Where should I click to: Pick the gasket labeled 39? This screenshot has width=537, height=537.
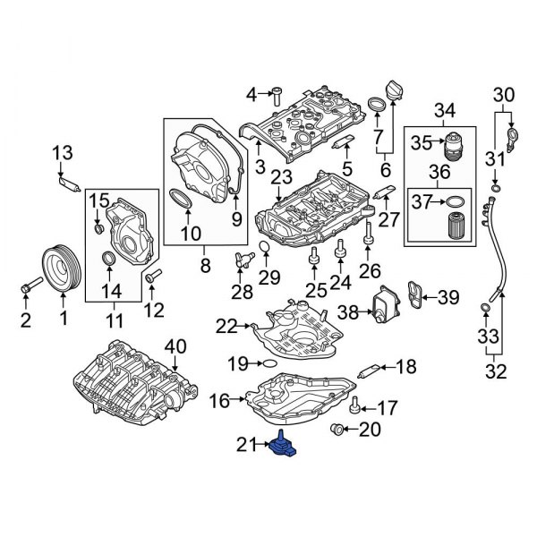[414, 296]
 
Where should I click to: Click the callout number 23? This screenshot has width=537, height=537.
[282, 178]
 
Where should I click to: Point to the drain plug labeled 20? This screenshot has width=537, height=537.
[338, 430]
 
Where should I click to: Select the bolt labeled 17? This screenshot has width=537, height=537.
[356, 404]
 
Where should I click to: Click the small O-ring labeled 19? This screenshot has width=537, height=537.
[263, 363]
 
